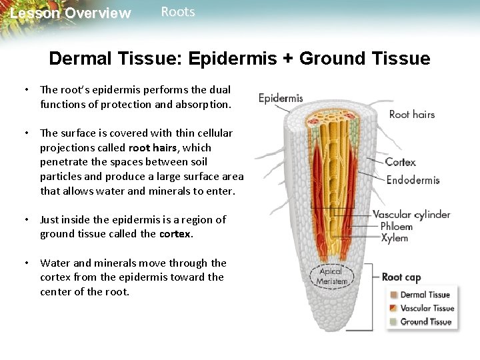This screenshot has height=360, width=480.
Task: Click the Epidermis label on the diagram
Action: pos(281,98)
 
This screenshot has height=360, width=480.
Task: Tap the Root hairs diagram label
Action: pos(411,114)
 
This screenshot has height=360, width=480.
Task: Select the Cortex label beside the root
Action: pos(400,162)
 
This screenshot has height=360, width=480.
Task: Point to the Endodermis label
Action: pos(413,180)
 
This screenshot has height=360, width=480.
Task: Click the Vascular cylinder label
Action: pos(411,215)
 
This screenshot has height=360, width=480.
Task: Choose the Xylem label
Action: pos(394,238)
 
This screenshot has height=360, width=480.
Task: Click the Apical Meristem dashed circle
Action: pos(331,276)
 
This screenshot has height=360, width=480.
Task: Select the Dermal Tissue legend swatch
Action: pos(394,295)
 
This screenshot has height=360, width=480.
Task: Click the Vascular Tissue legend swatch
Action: pos(394,308)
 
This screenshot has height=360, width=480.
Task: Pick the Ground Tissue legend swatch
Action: pos(394,322)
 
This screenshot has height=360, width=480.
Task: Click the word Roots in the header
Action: pos(178,12)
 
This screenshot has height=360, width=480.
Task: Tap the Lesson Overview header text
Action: pos(71,13)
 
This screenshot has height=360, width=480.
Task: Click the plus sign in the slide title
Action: pos(287,59)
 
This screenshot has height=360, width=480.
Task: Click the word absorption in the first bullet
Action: pos(200,104)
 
